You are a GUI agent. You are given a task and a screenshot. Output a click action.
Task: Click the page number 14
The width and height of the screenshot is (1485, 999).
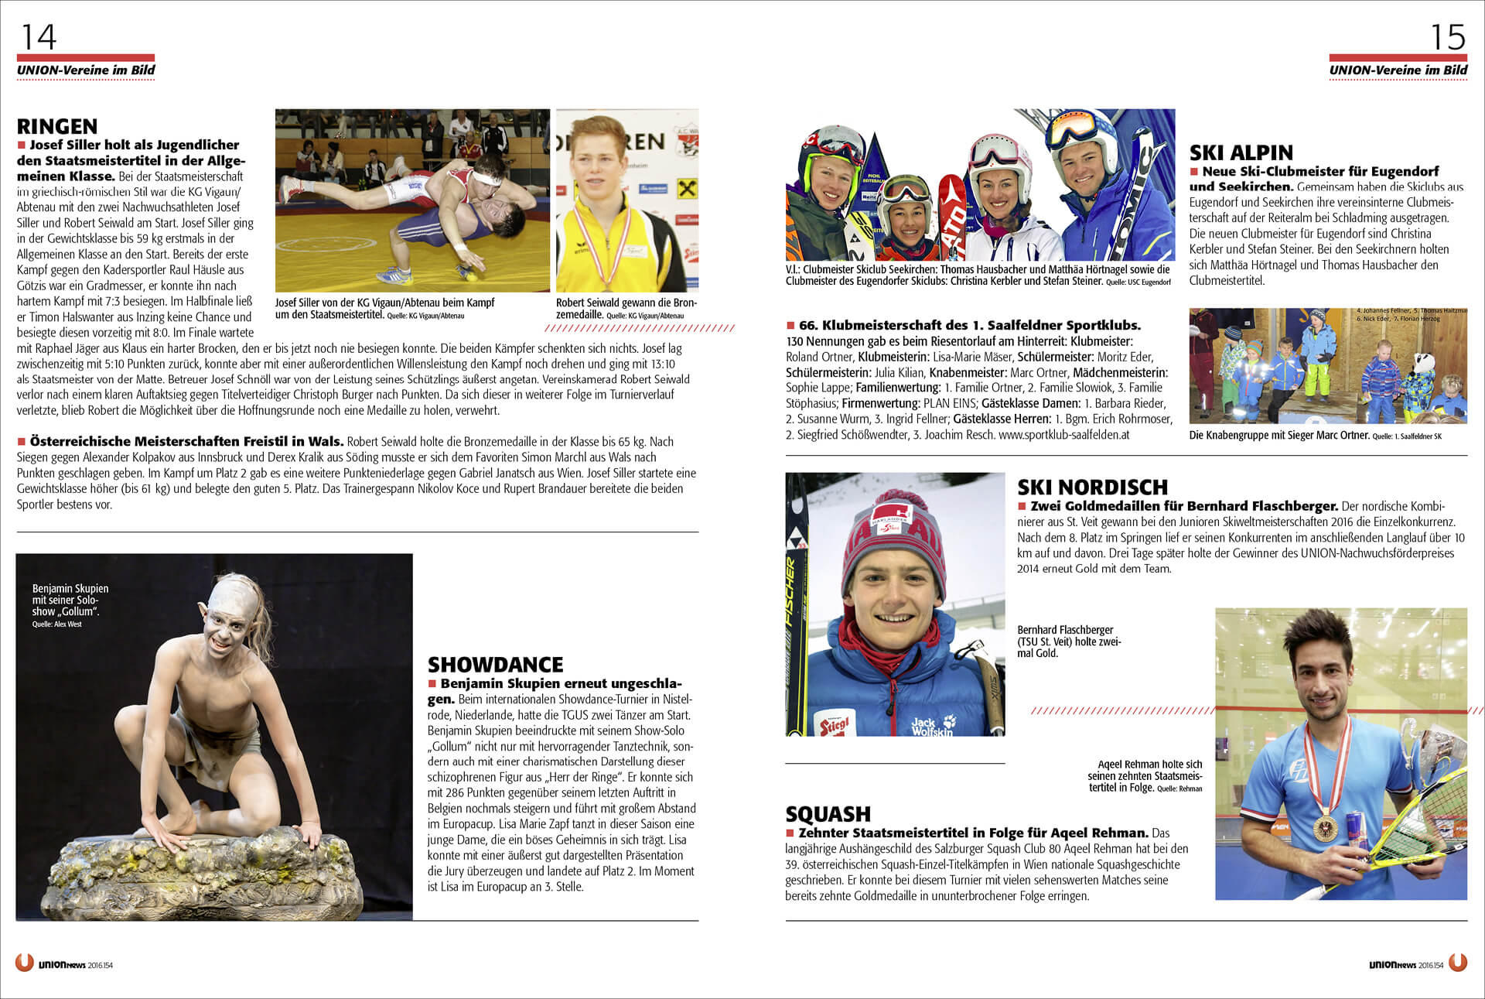tap(38, 36)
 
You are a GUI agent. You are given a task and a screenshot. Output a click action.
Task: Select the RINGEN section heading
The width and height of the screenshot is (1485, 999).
tap(57, 126)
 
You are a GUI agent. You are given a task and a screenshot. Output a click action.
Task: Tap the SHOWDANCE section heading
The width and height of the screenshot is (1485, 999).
tap(495, 665)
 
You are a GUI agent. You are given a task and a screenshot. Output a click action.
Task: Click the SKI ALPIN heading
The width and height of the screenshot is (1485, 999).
tap(1241, 152)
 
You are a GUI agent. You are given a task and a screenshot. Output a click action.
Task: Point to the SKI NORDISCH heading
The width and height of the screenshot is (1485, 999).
tap(1092, 487)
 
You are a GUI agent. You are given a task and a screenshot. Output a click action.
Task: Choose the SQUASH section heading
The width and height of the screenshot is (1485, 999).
tap(828, 814)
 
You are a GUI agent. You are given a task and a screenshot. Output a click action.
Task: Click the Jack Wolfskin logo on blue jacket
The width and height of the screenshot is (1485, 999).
tap(932, 725)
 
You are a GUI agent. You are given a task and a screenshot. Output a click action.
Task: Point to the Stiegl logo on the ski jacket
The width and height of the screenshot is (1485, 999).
tap(835, 725)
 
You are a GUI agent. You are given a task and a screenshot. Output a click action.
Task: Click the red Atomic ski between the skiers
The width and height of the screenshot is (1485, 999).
tap(952, 217)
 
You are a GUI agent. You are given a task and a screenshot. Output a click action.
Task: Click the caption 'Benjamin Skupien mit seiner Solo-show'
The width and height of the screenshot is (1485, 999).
tap(70, 600)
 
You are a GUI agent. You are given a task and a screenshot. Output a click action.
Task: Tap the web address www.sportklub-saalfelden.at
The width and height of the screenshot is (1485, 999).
tap(1063, 435)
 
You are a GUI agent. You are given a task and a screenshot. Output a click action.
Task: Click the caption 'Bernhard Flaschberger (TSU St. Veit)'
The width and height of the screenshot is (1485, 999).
tap(1067, 641)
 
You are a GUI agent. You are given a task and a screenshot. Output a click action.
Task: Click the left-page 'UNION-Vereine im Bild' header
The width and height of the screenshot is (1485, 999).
tap(86, 70)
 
